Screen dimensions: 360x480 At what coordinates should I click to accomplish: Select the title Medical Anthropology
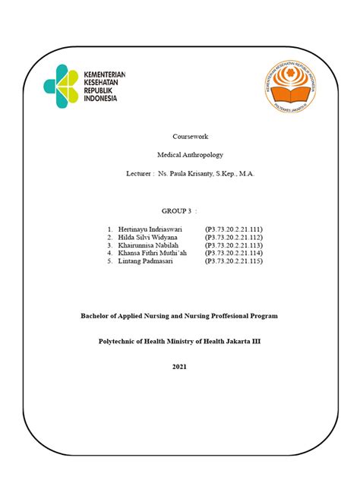click(179, 154)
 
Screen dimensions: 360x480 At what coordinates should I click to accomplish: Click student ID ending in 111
click(233, 228)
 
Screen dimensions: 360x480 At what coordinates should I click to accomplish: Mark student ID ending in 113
click(233, 245)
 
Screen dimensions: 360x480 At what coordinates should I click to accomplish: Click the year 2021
click(179, 367)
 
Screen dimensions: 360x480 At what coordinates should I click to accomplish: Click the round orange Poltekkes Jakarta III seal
click(292, 87)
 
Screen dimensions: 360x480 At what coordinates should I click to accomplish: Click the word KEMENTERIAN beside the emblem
click(105, 74)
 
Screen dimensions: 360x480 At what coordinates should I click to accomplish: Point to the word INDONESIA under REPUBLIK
click(101, 98)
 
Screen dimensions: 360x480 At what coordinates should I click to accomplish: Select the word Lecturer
click(139, 174)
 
